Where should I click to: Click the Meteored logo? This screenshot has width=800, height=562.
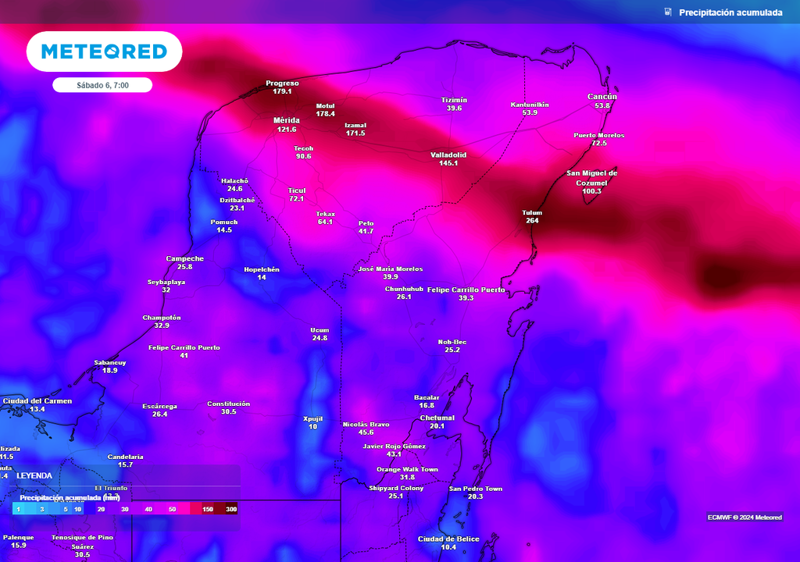(104, 52)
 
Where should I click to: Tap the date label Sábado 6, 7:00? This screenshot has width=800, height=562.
(102, 85)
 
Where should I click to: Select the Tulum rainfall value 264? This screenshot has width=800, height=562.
(532, 221)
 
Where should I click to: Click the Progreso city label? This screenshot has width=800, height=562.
(282, 83)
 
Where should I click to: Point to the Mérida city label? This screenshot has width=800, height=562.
(286, 120)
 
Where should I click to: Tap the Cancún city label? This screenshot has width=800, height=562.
(602, 97)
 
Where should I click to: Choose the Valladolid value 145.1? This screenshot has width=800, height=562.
(448, 163)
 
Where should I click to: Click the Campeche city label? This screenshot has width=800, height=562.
(185, 258)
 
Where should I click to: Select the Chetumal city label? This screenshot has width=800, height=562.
(437, 417)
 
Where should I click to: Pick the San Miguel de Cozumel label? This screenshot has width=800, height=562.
(592, 177)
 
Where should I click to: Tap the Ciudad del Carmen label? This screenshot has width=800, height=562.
(37, 400)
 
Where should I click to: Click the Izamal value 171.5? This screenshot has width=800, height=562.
(355, 133)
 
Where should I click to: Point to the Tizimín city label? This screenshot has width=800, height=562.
(454, 100)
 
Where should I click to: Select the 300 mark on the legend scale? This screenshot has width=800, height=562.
(231, 509)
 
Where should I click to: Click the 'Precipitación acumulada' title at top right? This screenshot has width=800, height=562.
(730, 12)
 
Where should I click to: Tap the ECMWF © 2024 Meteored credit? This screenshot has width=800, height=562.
(745, 518)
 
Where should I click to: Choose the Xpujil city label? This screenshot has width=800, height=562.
(312, 418)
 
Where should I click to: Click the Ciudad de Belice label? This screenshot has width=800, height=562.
(448, 539)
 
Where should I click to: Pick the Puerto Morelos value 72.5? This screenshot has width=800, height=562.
(599, 144)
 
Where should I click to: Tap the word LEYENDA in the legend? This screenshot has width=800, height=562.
(34, 475)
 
